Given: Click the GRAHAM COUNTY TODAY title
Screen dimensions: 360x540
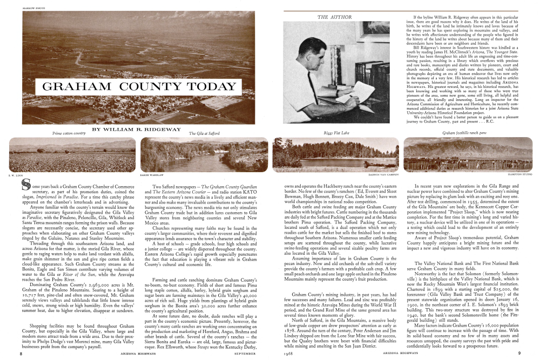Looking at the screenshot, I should (139, 87).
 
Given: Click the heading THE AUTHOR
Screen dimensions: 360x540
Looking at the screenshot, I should (330, 17).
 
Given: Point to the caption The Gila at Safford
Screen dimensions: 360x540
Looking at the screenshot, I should (204, 133).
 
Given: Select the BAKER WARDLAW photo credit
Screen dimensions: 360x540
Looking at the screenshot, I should (151, 175).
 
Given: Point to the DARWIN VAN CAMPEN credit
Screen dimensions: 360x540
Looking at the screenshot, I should (385, 175).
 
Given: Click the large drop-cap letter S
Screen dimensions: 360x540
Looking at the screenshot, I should (25, 186).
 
